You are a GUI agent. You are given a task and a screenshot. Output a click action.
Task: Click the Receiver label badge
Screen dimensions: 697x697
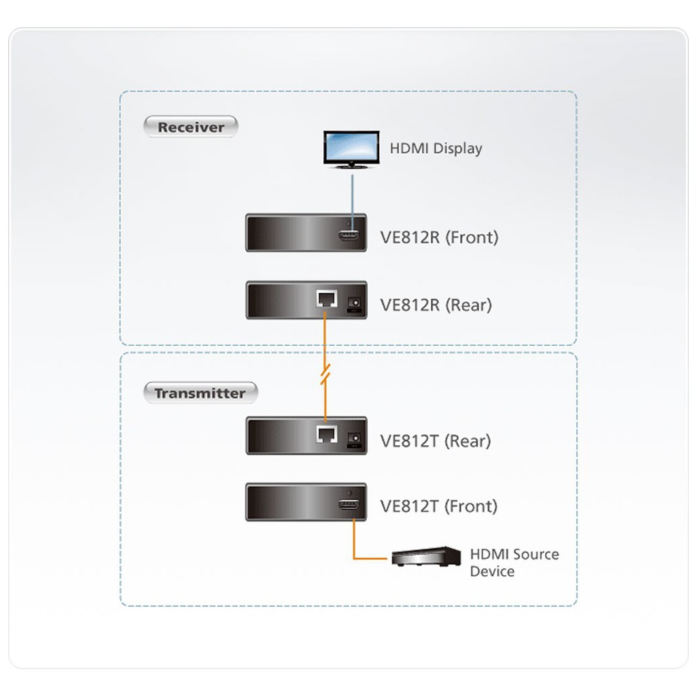(x=191, y=127)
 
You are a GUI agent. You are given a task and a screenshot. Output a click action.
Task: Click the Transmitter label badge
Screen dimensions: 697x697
(x=200, y=393)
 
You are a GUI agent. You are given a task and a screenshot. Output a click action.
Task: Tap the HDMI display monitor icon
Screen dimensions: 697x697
(x=351, y=150)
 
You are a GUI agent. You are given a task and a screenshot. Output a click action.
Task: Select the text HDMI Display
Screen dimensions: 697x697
(x=436, y=148)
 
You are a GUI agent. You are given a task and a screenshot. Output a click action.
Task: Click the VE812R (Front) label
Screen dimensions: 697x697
(x=439, y=238)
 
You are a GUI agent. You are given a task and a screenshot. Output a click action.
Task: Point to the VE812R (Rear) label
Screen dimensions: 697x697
(x=436, y=305)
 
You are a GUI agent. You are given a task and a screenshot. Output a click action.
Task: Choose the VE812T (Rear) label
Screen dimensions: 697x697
(x=436, y=441)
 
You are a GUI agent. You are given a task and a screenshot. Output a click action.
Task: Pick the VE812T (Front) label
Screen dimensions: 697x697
(x=439, y=506)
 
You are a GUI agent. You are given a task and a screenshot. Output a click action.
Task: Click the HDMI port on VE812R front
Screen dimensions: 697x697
(x=349, y=236)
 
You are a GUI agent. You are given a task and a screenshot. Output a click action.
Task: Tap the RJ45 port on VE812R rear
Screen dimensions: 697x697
(x=327, y=299)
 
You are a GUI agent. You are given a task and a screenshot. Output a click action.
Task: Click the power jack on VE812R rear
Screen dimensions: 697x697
(x=354, y=303)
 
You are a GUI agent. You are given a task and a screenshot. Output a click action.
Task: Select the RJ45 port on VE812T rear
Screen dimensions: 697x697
(x=327, y=434)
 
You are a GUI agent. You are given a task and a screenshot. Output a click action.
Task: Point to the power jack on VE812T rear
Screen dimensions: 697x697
(x=354, y=439)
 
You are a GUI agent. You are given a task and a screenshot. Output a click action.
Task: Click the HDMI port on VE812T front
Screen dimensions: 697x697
(x=349, y=504)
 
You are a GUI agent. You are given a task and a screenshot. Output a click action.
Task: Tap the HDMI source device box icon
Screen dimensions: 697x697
(x=426, y=557)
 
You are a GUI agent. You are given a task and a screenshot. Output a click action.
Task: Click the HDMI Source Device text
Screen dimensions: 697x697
(x=515, y=563)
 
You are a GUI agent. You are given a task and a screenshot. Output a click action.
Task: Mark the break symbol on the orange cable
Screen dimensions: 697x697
(x=325, y=374)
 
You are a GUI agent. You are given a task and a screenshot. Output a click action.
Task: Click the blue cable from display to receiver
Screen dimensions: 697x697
(x=353, y=203)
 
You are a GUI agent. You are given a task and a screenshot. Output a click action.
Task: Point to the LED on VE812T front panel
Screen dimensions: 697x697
(x=349, y=493)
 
